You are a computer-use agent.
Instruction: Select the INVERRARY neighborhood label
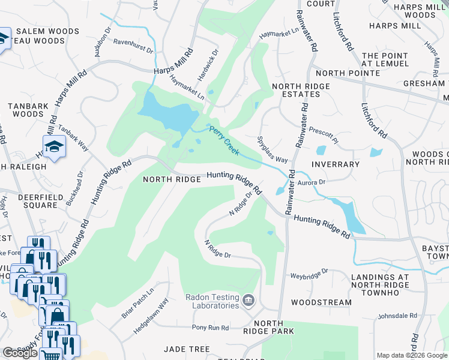coord(336,164)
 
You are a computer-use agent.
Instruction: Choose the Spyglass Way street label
coord(273,151)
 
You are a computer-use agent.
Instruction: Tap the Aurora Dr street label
coord(312,181)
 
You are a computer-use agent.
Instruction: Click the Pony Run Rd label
coord(210,328)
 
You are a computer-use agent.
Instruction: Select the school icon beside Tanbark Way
coord(54,146)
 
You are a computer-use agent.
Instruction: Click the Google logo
coord(20,353)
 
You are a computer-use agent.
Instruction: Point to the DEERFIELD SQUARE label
coord(28,201)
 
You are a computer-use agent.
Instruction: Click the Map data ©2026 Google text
coord(412,355)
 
